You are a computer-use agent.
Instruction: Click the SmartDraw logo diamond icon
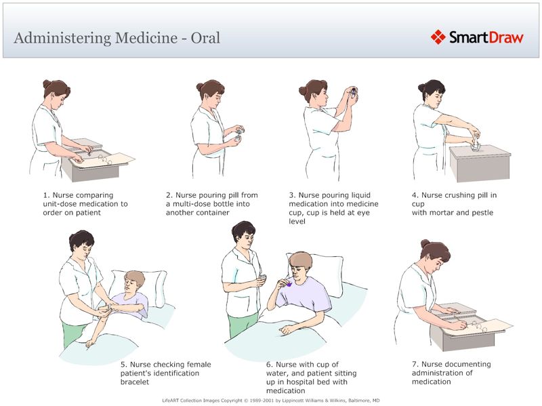click(439, 37)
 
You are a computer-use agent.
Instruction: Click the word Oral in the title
click(205, 37)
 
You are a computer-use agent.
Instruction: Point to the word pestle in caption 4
click(478, 213)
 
